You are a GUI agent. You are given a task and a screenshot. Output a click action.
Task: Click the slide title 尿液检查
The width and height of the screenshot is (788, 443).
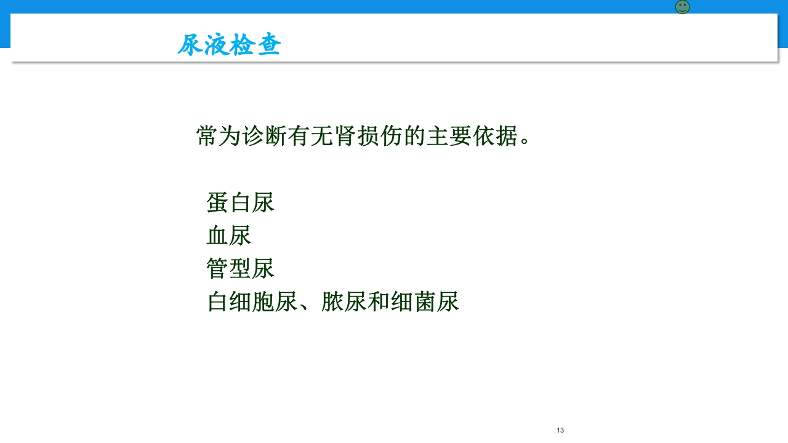(x=229, y=45)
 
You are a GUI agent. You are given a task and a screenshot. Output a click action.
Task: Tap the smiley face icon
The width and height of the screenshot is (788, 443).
(x=682, y=7)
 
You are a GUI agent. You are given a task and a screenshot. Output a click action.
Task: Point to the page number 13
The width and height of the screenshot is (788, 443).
(x=560, y=430)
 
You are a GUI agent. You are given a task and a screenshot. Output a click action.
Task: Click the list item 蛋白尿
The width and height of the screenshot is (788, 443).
(x=240, y=202)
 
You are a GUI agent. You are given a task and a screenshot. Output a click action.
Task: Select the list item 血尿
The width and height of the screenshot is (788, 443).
(x=229, y=236)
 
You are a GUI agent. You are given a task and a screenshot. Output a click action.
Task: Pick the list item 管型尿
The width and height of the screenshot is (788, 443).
(x=240, y=269)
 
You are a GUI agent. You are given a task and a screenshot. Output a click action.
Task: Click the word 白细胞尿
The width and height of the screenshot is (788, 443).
(x=252, y=302)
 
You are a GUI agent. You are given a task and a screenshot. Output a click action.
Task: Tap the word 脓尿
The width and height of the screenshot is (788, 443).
(x=344, y=302)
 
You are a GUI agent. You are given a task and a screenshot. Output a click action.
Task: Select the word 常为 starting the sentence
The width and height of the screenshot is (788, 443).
(x=219, y=136)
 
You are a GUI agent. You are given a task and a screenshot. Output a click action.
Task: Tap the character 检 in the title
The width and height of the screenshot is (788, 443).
(x=242, y=45)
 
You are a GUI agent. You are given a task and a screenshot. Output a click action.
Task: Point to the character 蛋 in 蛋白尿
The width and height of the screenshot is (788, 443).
(x=218, y=202)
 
